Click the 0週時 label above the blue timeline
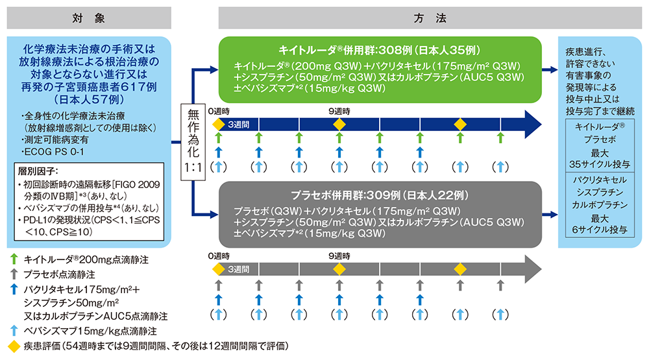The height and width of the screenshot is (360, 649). coord(220,111)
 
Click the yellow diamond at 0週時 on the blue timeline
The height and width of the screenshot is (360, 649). coord(218,123)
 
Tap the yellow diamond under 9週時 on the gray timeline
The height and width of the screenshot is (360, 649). coord(339,269)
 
